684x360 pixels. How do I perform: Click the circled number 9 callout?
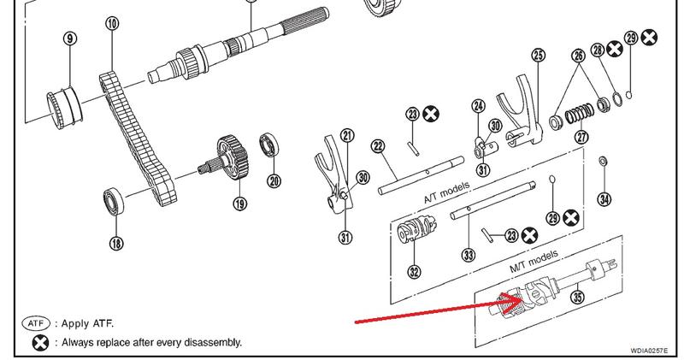tap(70, 38)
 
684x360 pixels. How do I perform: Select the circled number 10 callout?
tap(112, 23)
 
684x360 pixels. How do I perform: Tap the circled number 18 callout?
tap(115, 243)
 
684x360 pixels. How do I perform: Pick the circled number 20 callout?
tap(274, 180)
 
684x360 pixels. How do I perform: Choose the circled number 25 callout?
tap(537, 56)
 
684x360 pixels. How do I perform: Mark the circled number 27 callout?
tap(581, 137)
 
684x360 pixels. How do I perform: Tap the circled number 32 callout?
tap(414, 273)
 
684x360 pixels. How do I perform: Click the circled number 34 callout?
tap(604, 199)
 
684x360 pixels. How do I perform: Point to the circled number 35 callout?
tap(579, 298)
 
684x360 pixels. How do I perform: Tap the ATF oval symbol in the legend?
tap(38, 324)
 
